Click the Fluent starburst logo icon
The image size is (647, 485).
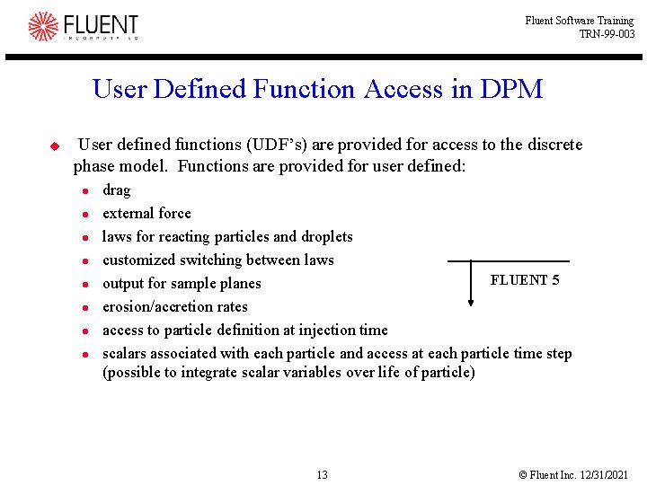(x=42, y=26)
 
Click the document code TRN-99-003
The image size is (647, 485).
(x=607, y=34)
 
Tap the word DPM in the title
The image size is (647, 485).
(x=511, y=89)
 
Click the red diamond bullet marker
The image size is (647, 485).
(x=54, y=145)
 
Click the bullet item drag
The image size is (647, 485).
(x=116, y=190)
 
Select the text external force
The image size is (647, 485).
(x=146, y=214)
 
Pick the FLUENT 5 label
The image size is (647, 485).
(x=525, y=280)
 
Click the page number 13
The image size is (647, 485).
(x=322, y=474)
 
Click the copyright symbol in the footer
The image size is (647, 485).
(x=523, y=474)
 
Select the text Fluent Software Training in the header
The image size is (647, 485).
(x=580, y=21)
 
